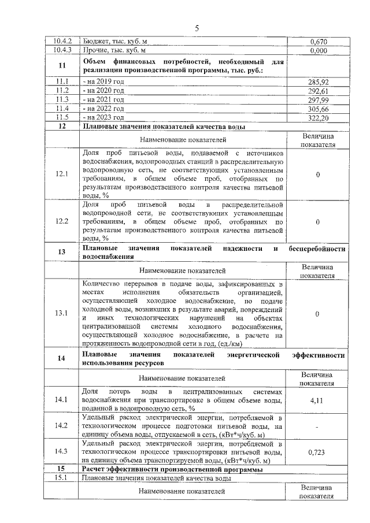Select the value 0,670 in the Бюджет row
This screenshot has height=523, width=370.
(x=318, y=42)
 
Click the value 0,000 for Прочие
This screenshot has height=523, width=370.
(x=318, y=50)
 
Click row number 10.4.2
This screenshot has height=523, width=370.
(x=62, y=42)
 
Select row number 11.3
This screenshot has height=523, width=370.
(x=62, y=99)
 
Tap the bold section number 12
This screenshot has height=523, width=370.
(x=62, y=125)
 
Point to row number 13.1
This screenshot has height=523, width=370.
(x=62, y=313)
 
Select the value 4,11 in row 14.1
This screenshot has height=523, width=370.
(x=318, y=399)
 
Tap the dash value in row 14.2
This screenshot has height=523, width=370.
(x=318, y=426)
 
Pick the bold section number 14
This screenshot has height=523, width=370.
(x=62, y=358)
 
